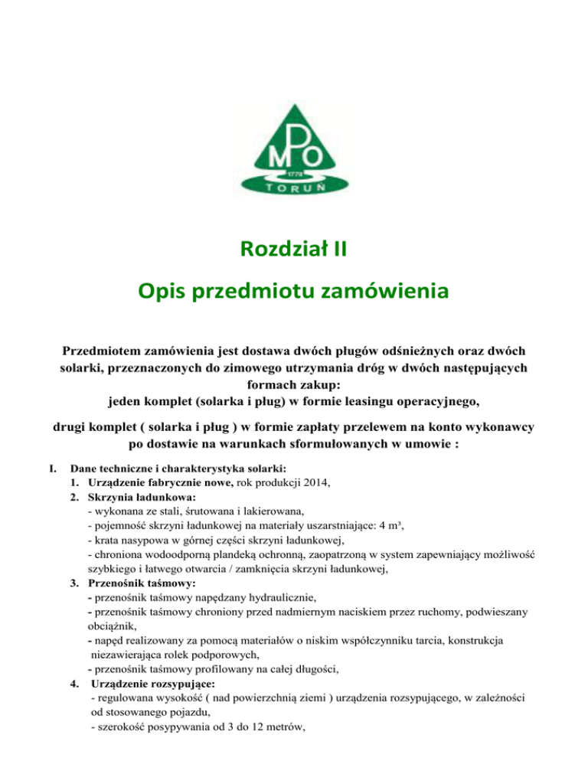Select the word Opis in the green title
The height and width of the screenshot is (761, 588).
click(165, 291)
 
